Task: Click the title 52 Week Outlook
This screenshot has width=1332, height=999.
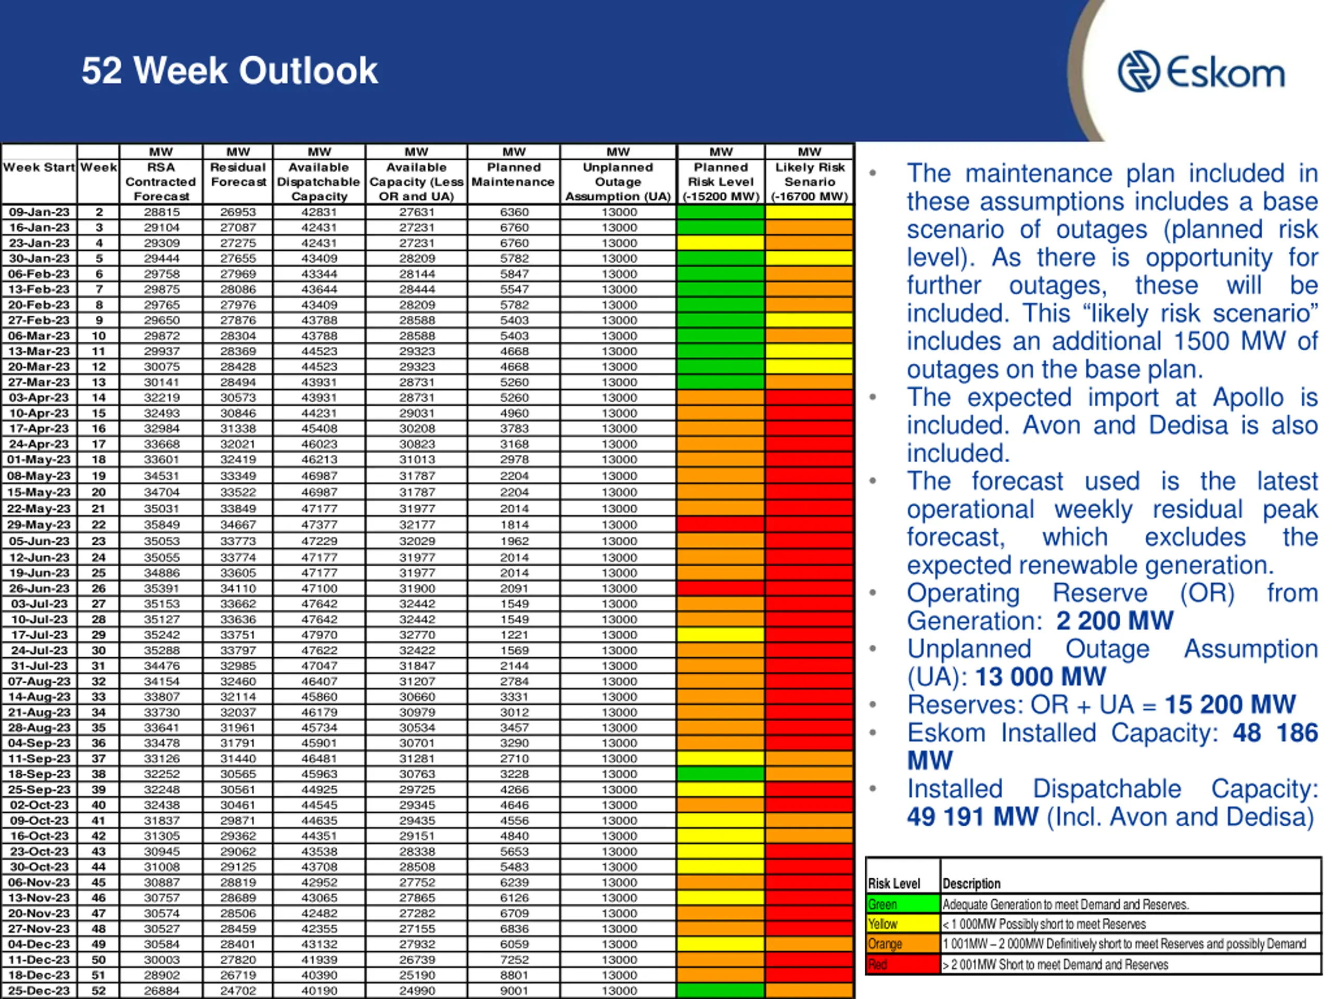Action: (x=229, y=70)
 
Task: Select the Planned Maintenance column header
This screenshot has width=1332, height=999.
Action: (x=513, y=175)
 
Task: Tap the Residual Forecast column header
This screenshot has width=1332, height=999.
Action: (x=238, y=175)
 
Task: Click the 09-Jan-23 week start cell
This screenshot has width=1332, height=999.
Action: (x=39, y=212)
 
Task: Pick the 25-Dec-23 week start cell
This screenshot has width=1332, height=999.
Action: (x=39, y=991)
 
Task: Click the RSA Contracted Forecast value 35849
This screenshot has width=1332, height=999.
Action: (x=161, y=524)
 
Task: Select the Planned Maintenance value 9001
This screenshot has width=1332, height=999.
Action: (x=514, y=991)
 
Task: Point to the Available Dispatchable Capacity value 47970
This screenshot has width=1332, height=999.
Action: (x=319, y=635)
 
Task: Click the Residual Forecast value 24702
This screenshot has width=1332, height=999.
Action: (x=238, y=991)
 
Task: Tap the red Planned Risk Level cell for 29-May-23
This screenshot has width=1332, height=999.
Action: (x=721, y=524)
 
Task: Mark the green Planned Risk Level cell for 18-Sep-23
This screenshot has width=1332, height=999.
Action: (x=721, y=774)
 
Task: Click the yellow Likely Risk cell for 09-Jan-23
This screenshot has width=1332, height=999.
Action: (x=809, y=212)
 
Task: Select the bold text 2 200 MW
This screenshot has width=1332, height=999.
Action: (x=1115, y=621)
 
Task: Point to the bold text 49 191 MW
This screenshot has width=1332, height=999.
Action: (x=972, y=817)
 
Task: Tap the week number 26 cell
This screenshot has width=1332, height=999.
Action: (x=98, y=588)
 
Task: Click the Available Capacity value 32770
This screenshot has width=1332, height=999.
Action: (x=416, y=635)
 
